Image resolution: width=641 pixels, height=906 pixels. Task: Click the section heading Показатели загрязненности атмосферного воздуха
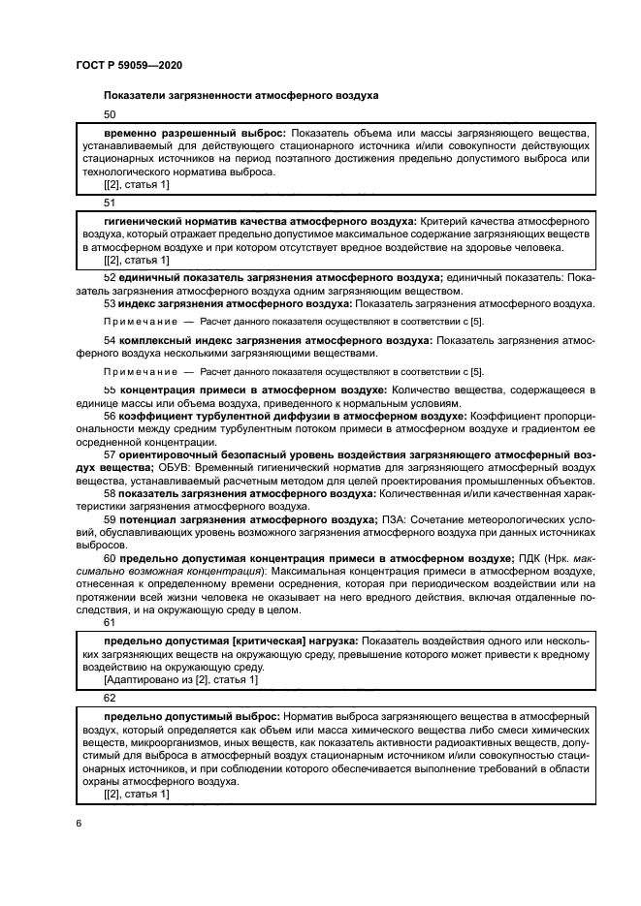240,95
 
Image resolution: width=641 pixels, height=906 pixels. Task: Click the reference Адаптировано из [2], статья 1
180,680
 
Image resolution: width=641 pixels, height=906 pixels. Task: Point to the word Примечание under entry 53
140,319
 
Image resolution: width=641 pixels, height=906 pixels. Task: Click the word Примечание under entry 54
140,371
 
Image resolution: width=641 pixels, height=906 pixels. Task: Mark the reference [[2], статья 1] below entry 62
136,795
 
